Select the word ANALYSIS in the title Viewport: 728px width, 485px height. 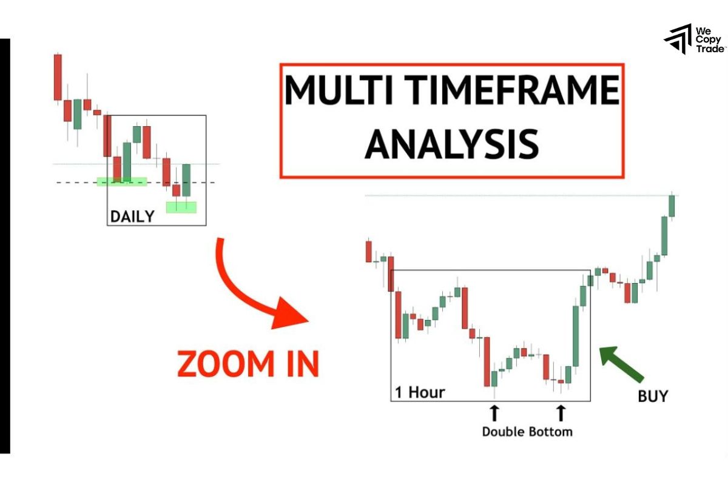[451, 144]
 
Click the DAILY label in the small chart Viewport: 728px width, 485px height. [132, 216]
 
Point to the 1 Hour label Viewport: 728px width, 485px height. [420, 392]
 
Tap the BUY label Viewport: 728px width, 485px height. [652, 396]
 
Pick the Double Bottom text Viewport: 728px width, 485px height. [527, 432]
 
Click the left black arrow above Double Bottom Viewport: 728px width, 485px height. [494, 413]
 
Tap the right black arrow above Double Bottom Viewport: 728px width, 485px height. [561, 413]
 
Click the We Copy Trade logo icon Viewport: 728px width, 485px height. [678, 39]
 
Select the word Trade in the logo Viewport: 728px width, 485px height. [709, 49]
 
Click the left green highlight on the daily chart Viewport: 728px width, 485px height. [121, 181]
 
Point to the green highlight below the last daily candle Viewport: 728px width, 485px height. [181, 207]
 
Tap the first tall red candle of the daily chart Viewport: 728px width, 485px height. [58, 77]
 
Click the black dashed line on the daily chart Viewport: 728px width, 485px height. [79, 182]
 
